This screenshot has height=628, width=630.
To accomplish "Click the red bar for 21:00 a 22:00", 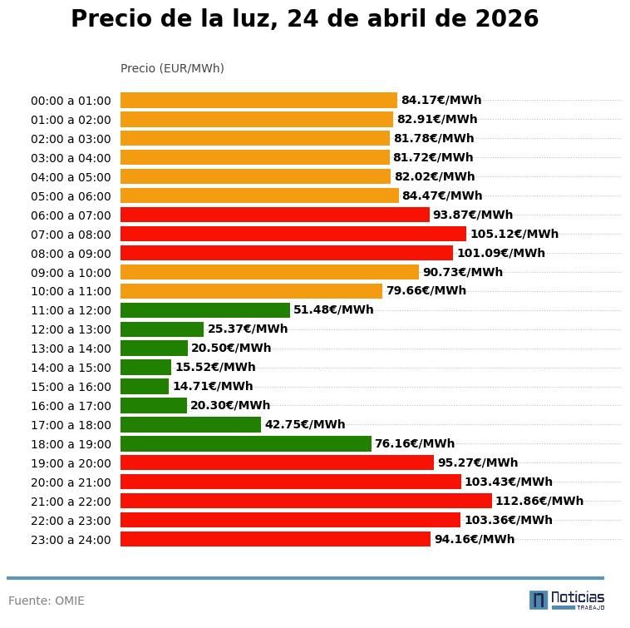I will point(306,501).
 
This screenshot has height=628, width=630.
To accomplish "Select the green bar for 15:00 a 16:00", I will point(145,386).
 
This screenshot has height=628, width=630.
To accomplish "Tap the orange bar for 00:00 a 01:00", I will point(258,100).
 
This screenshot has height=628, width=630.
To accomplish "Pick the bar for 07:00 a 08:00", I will point(293,234).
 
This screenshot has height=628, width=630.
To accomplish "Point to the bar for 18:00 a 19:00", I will point(245,443).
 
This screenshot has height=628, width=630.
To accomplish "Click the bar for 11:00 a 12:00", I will point(205,309).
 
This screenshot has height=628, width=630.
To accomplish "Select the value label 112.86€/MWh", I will point(539,501).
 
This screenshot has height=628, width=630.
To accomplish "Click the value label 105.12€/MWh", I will point(514,234).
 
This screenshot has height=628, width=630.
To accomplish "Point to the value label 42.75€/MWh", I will point(305,424).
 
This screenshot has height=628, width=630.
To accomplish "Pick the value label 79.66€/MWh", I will point(426,290).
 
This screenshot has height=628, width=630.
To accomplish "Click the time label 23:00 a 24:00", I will point(71,540).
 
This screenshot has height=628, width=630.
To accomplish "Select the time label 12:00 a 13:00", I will point(71,329).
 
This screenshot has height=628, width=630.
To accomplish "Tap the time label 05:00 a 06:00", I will point(71,196).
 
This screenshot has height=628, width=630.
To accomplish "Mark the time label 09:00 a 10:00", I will point(71,273).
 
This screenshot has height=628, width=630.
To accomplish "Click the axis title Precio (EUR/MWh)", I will point(172,68).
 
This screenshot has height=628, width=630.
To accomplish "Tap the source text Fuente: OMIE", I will point(47,601).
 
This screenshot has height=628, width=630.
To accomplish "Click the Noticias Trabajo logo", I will point(567,600).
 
